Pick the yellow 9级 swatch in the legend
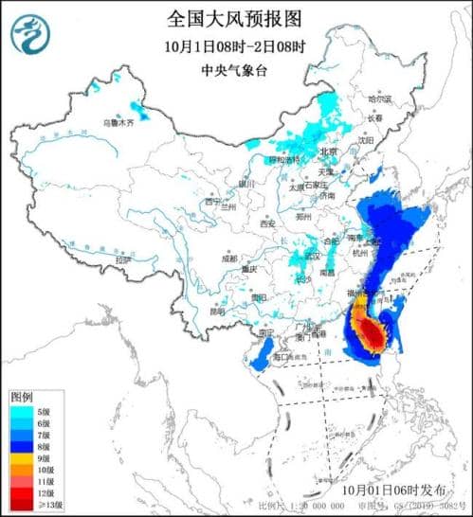click(20, 458)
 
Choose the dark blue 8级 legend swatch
click(20, 447)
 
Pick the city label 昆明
click(218, 310)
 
